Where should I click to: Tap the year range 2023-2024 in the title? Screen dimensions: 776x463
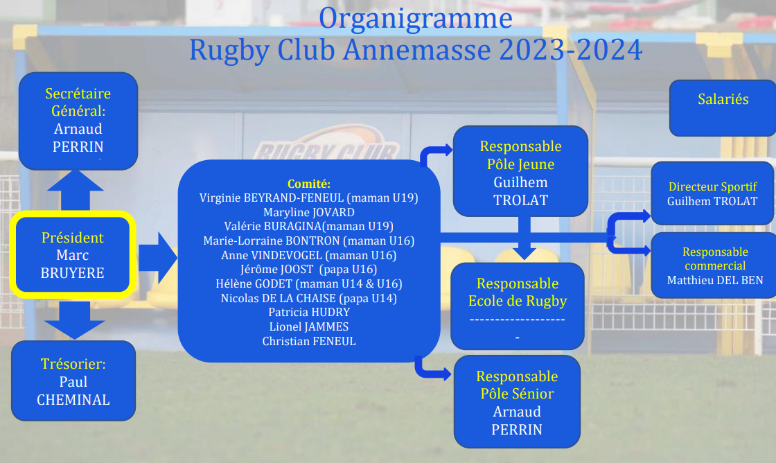point(571,50)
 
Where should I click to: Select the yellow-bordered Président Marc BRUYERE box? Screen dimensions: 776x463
point(72,254)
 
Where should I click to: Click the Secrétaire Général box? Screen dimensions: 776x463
point(78,121)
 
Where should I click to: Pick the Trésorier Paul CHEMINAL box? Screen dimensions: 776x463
point(73,381)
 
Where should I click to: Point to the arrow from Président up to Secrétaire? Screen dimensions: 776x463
point(76,191)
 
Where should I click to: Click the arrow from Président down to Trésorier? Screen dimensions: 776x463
point(75,320)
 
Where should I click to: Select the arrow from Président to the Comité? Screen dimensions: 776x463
point(157,258)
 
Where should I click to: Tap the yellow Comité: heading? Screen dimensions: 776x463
point(309,184)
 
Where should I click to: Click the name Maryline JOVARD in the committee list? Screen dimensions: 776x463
point(309,212)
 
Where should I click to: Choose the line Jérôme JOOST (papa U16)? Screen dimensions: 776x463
point(309,270)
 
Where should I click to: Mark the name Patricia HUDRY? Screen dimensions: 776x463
point(309,313)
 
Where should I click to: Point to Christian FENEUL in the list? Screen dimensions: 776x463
point(309,341)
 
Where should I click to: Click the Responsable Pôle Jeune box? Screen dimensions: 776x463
point(520,171)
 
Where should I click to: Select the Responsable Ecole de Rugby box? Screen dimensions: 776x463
point(518,306)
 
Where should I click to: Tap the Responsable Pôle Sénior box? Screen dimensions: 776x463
point(517,401)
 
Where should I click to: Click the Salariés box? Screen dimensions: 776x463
point(723,108)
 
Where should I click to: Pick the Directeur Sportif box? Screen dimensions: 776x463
point(713,193)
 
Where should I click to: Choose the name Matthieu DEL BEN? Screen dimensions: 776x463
point(715,280)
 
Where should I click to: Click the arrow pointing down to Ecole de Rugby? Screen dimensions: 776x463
point(524,238)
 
